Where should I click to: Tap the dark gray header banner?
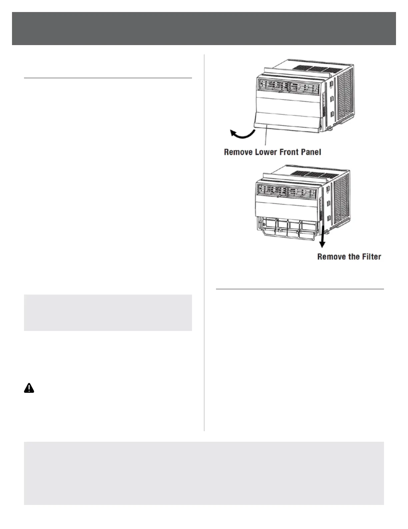204,28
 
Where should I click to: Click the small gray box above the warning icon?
108,313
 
